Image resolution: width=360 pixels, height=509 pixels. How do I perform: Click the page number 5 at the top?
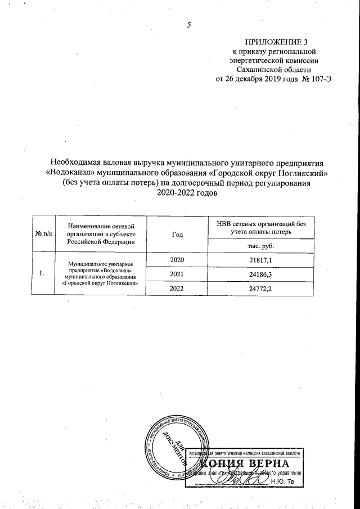[x=189, y=25]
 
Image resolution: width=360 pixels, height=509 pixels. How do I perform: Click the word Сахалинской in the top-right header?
[x=258, y=69]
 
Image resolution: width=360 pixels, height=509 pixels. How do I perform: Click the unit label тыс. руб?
[x=261, y=246]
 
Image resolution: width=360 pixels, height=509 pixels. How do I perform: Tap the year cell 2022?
[x=177, y=289]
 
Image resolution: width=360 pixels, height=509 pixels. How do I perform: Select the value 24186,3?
[x=261, y=274]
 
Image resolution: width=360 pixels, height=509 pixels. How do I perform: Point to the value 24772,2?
[x=261, y=289]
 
